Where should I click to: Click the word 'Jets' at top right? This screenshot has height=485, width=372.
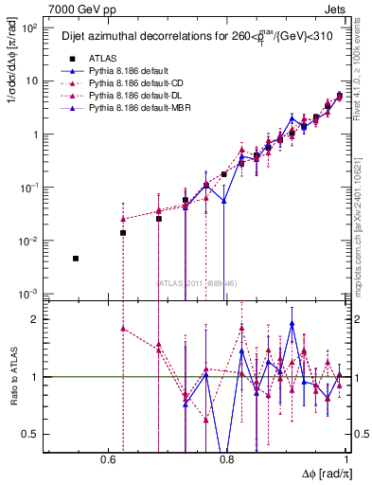point(338,9)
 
